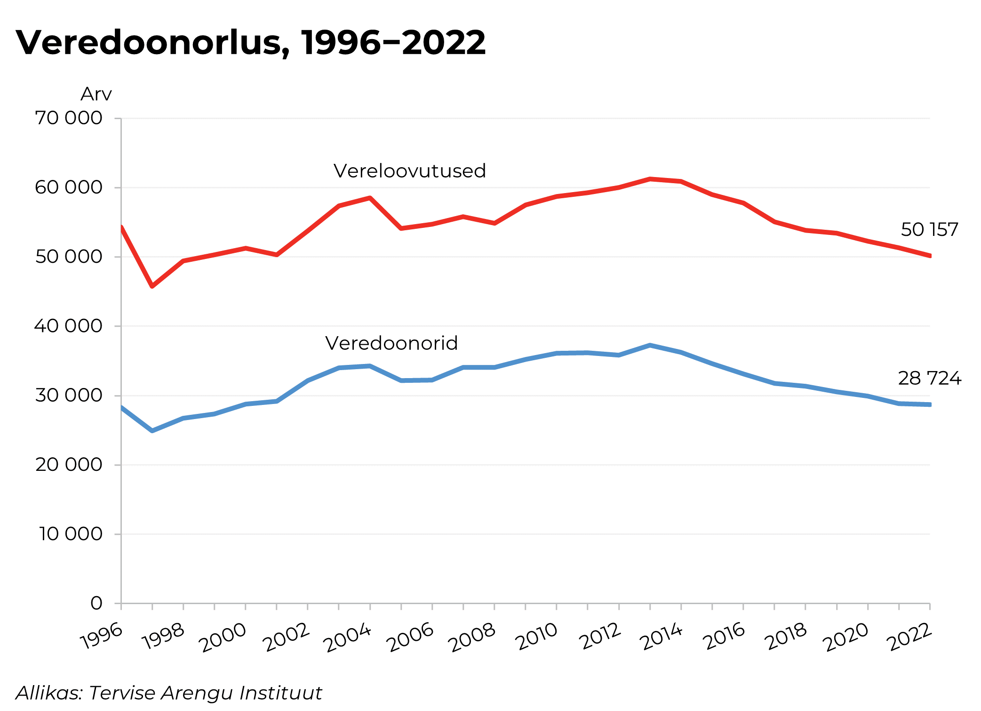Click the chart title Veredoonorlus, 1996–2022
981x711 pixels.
pyautogui.click(x=250, y=42)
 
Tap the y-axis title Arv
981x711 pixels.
pyautogui.click(x=96, y=94)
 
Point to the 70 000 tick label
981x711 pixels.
pyautogui.click(x=69, y=118)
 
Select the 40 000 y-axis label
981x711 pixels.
pyautogui.click(x=69, y=326)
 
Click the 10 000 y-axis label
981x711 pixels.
pyautogui.click(x=71, y=534)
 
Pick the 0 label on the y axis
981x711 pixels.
pyautogui.click(x=96, y=603)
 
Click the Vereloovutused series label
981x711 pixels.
pyautogui.click(x=409, y=171)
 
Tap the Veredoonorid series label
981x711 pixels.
pyautogui.click(x=391, y=343)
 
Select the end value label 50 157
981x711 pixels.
pyautogui.click(x=929, y=230)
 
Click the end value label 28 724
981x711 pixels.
pyautogui.click(x=929, y=378)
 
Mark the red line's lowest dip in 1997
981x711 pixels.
pyautogui.click(x=152, y=286)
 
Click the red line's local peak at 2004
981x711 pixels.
pyautogui.click(x=370, y=198)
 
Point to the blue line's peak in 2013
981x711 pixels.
pyautogui.click(x=650, y=345)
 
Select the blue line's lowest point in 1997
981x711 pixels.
pyautogui.click(x=152, y=431)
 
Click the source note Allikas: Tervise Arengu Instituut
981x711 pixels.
pyautogui.click(x=168, y=693)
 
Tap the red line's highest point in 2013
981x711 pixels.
pyautogui.click(x=650, y=179)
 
